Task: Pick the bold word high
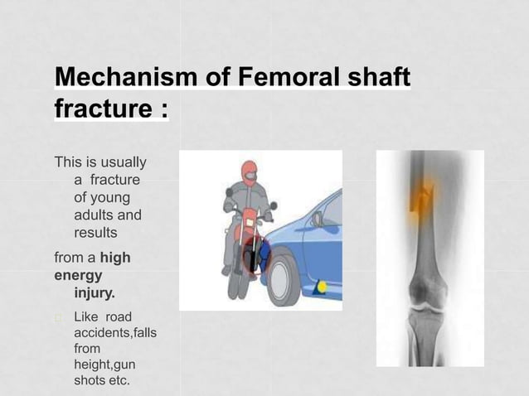pos(115,257)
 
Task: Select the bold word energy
pos(78,274)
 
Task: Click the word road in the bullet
pos(118,316)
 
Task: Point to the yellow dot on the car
pos(321,287)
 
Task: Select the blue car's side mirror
pos(317,219)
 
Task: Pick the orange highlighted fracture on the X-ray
pos(425,197)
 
